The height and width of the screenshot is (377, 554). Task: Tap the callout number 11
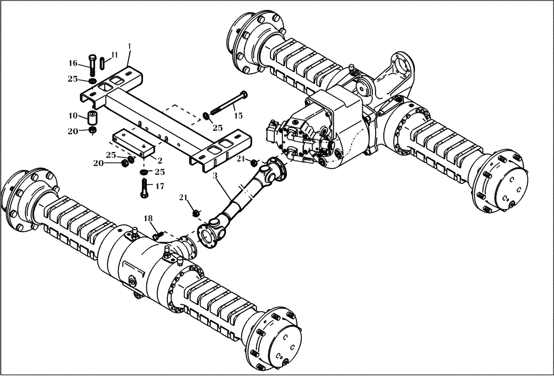click(114, 54)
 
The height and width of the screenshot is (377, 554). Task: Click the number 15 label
click(238, 115)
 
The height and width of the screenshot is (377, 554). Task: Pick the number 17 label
click(160, 186)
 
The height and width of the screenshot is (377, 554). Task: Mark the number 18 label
click(148, 219)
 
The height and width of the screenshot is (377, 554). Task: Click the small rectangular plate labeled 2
click(133, 142)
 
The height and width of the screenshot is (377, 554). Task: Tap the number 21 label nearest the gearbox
click(240, 160)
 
